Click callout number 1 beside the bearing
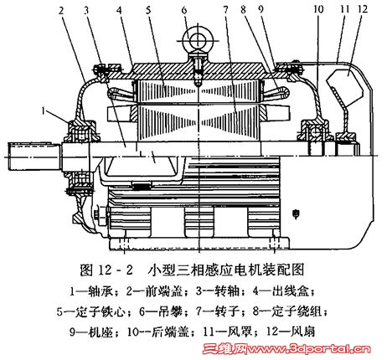(44, 111)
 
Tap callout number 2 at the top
(61, 11)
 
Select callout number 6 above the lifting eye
(184, 10)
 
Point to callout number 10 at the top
(318, 9)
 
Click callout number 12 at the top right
(363, 9)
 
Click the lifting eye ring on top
(198, 39)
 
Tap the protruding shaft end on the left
(34, 157)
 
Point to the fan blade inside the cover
(345, 86)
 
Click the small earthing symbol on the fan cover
(296, 214)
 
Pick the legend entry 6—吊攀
(160, 311)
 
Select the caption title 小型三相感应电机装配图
(226, 270)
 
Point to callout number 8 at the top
(243, 10)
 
